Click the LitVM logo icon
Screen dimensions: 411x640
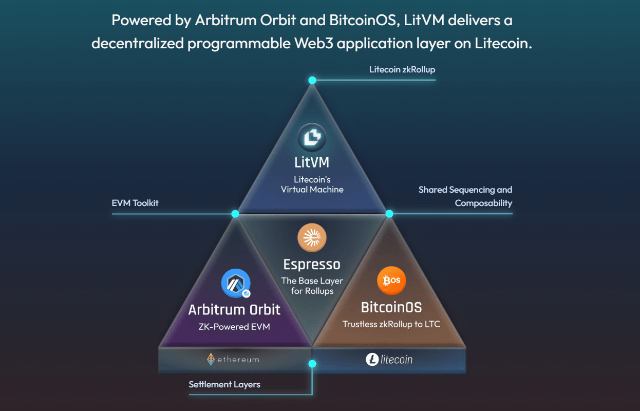(312, 138)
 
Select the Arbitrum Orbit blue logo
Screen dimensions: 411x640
(236, 284)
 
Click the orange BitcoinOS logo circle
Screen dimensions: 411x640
(391, 281)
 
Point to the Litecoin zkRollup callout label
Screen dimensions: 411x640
(402, 69)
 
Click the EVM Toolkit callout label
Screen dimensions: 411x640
(135, 203)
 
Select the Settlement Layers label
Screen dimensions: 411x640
(224, 384)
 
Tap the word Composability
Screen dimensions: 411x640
(483, 203)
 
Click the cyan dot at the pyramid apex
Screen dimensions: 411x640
(312, 80)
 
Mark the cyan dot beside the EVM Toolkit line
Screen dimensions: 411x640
(235, 214)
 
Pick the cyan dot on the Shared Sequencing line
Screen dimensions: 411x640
(389, 214)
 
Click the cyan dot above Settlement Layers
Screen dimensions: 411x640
(312, 364)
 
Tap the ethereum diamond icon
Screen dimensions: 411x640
(211, 360)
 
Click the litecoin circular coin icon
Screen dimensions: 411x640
(372, 360)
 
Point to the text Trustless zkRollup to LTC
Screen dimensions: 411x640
(391, 324)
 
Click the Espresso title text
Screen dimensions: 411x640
(312, 265)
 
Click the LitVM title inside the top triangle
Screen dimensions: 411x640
(312, 163)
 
